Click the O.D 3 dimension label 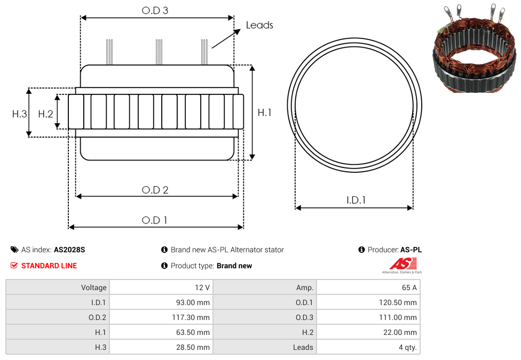click(155, 10)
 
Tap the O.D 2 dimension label click(155, 190)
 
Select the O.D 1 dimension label click(154, 220)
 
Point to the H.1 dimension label click(264, 113)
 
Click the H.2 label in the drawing click(45, 114)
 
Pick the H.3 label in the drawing click(20, 114)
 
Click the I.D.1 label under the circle click(356, 200)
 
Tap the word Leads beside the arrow click(259, 25)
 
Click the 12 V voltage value click(202, 287)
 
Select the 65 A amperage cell click(409, 287)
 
